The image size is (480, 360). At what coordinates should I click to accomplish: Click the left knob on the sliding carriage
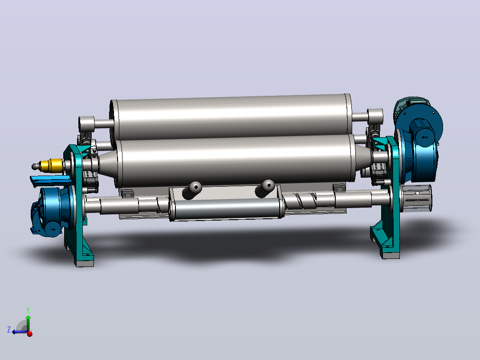(x=192, y=190)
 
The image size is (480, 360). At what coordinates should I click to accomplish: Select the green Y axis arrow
(x=28, y=322)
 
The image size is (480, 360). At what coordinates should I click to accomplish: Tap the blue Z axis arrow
(x=20, y=332)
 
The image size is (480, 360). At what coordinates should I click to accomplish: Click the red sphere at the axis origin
(x=30, y=334)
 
